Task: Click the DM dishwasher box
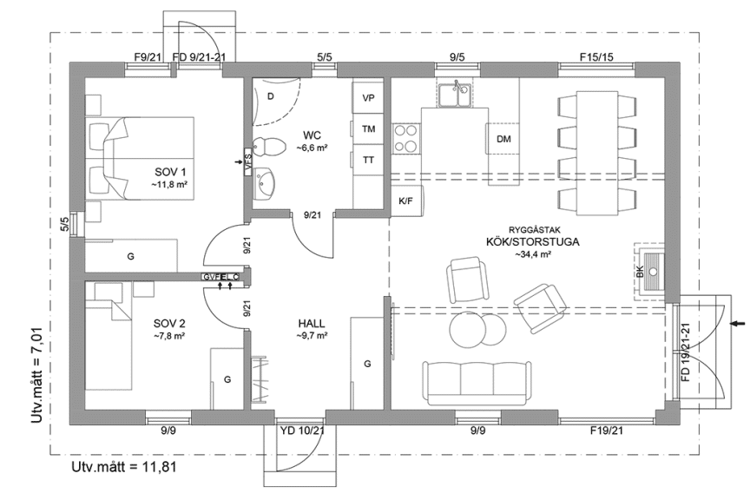pos(503,139)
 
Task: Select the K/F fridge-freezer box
pos(405,201)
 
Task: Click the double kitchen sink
pos(454,93)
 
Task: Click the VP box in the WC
pos(369,98)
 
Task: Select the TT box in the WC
pos(369,160)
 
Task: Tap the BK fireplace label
pos(641,273)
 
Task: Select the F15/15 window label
pos(596,57)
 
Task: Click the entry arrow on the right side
pos(738,324)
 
